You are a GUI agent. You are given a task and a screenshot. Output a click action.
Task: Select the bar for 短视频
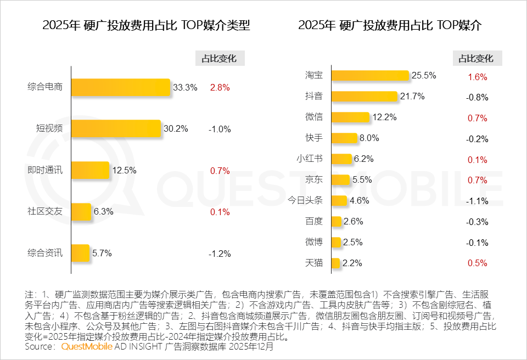(x=116, y=129)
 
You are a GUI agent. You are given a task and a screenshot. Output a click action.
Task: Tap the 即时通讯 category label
(x=45, y=170)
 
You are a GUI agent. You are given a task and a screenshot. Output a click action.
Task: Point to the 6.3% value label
(x=103, y=212)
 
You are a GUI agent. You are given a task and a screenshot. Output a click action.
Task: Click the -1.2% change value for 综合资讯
(x=220, y=254)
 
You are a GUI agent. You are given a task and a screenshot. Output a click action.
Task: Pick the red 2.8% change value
(x=220, y=87)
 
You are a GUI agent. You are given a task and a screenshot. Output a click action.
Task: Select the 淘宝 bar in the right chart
(x=370, y=76)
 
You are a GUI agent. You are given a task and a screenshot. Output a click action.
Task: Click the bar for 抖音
(x=363, y=97)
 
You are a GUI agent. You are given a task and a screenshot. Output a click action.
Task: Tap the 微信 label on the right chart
(x=313, y=117)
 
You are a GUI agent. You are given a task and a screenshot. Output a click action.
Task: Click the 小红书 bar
(x=341, y=159)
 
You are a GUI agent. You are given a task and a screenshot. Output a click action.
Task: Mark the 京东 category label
(x=313, y=180)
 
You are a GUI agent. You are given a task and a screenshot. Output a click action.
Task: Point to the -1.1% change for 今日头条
(x=477, y=201)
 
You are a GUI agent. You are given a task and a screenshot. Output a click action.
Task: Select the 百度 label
(x=313, y=221)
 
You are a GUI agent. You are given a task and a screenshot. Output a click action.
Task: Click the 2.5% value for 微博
(x=353, y=242)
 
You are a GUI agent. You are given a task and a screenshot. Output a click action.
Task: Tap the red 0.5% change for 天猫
(x=477, y=263)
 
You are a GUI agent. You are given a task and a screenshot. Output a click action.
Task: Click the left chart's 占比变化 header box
(x=220, y=59)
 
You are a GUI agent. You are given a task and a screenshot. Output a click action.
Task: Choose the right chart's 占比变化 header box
(x=477, y=59)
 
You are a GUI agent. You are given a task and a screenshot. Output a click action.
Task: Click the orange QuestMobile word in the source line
(x=87, y=347)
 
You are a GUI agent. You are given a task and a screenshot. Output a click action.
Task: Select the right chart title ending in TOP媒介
(x=390, y=26)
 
